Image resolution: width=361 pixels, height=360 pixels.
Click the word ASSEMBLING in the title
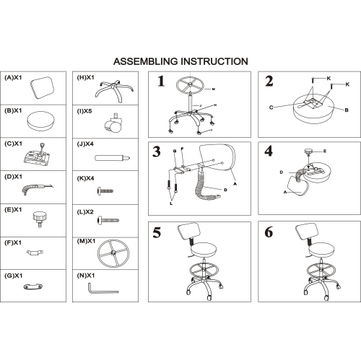click(147, 61)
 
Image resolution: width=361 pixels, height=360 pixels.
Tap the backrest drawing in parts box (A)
click(42, 87)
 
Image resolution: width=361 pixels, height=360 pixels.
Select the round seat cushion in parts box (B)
click(40, 121)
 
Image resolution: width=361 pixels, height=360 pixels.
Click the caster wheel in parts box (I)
click(113, 123)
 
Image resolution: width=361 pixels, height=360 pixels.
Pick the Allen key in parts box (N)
click(103, 289)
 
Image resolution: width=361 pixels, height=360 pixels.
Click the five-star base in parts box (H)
click(114, 91)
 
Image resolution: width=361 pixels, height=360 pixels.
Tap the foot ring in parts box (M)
click(113, 253)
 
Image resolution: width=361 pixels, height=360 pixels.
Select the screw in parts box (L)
click(108, 220)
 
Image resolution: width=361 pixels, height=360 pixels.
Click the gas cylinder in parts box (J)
click(113, 158)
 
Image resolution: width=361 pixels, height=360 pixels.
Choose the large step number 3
click(157, 152)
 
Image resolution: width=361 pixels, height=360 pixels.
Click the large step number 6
click(269, 232)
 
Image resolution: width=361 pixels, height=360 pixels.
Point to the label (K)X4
click(85, 178)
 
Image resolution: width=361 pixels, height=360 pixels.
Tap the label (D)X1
click(13, 177)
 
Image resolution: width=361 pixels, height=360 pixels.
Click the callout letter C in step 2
click(271, 107)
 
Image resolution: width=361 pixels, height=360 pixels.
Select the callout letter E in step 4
click(325, 152)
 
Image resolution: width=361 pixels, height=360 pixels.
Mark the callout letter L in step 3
click(171, 203)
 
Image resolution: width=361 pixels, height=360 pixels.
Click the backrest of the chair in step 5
click(189, 232)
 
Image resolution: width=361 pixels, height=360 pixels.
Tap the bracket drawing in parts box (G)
click(33, 286)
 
